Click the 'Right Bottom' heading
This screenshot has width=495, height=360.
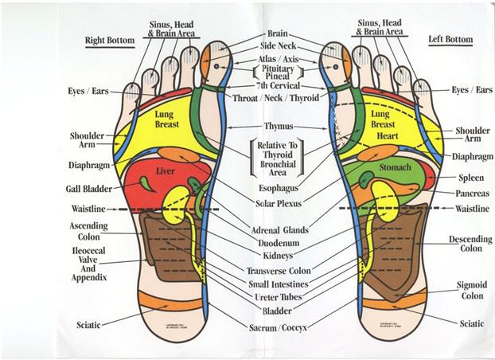(110, 39)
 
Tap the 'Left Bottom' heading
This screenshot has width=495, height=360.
(450, 38)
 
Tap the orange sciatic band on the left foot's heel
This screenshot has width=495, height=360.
(388, 300)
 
